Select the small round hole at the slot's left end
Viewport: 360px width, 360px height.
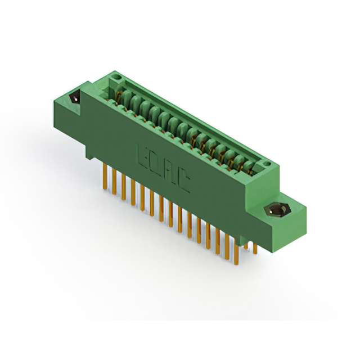coord(116,74)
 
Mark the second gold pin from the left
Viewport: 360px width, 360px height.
coord(114,181)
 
